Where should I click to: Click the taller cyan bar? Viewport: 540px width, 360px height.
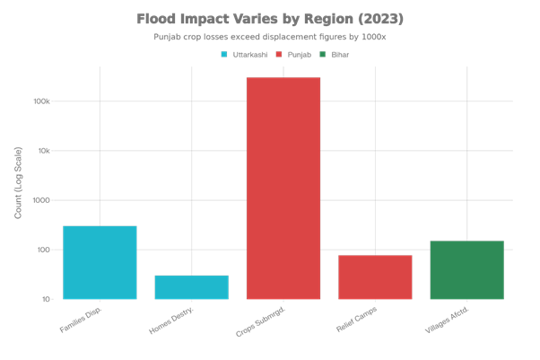pyautogui.click(x=100, y=262)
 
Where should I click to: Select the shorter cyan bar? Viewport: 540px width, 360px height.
pyautogui.click(x=191, y=287)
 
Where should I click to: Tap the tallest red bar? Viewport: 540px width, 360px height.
pyautogui.click(x=283, y=189)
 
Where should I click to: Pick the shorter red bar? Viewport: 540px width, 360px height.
pyautogui.click(x=375, y=277)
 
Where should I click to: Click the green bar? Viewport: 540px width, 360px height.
pyautogui.click(x=466, y=269)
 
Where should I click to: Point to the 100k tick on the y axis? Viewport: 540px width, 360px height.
pyautogui.click(x=42, y=101)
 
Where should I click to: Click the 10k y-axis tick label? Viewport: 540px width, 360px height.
pyautogui.click(x=44, y=151)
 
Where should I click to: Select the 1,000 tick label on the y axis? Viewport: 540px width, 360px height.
pyautogui.click(x=42, y=200)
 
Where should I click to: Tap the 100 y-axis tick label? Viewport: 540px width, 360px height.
pyautogui.click(x=44, y=250)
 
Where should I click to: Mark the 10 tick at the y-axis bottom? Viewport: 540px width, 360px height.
pyautogui.click(x=46, y=299)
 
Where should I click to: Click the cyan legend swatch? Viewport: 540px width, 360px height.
pyautogui.click(x=224, y=55)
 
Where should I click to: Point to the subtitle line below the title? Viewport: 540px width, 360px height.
pyautogui.click(x=270, y=38)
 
